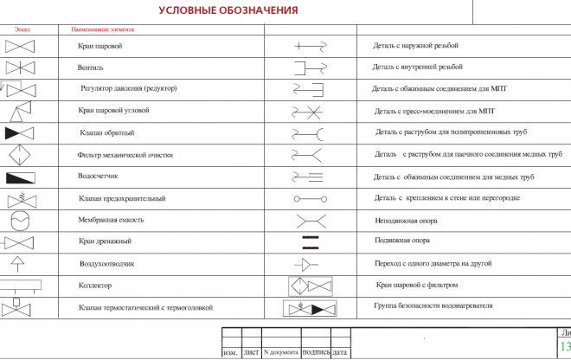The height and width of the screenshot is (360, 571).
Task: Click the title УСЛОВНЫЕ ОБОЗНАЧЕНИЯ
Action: (228, 10)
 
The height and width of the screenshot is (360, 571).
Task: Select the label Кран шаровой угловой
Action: (113, 111)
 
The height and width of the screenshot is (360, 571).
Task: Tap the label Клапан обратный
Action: (106, 132)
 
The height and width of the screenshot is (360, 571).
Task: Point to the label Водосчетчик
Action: (98, 176)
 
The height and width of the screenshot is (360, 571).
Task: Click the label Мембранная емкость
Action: (111, 220)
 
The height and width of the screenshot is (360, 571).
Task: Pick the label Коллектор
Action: (94, 285)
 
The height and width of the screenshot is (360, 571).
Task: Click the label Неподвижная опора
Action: (405, 220)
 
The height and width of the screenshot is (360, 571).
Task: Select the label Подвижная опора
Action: (401, 241)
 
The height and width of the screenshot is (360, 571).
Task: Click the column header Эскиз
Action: (22, 29)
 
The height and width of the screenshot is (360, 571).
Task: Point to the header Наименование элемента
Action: (102, 29)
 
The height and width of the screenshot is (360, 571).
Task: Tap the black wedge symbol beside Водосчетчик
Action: (19, 177)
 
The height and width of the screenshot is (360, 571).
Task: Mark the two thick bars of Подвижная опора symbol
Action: (311, 241)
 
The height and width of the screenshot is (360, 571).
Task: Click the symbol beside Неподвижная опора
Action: (311, 220)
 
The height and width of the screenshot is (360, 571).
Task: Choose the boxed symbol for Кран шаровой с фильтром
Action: (310, 286)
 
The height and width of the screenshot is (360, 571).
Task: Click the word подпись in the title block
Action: (316, 352)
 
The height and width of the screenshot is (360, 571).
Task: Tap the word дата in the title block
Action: (341, 352)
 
